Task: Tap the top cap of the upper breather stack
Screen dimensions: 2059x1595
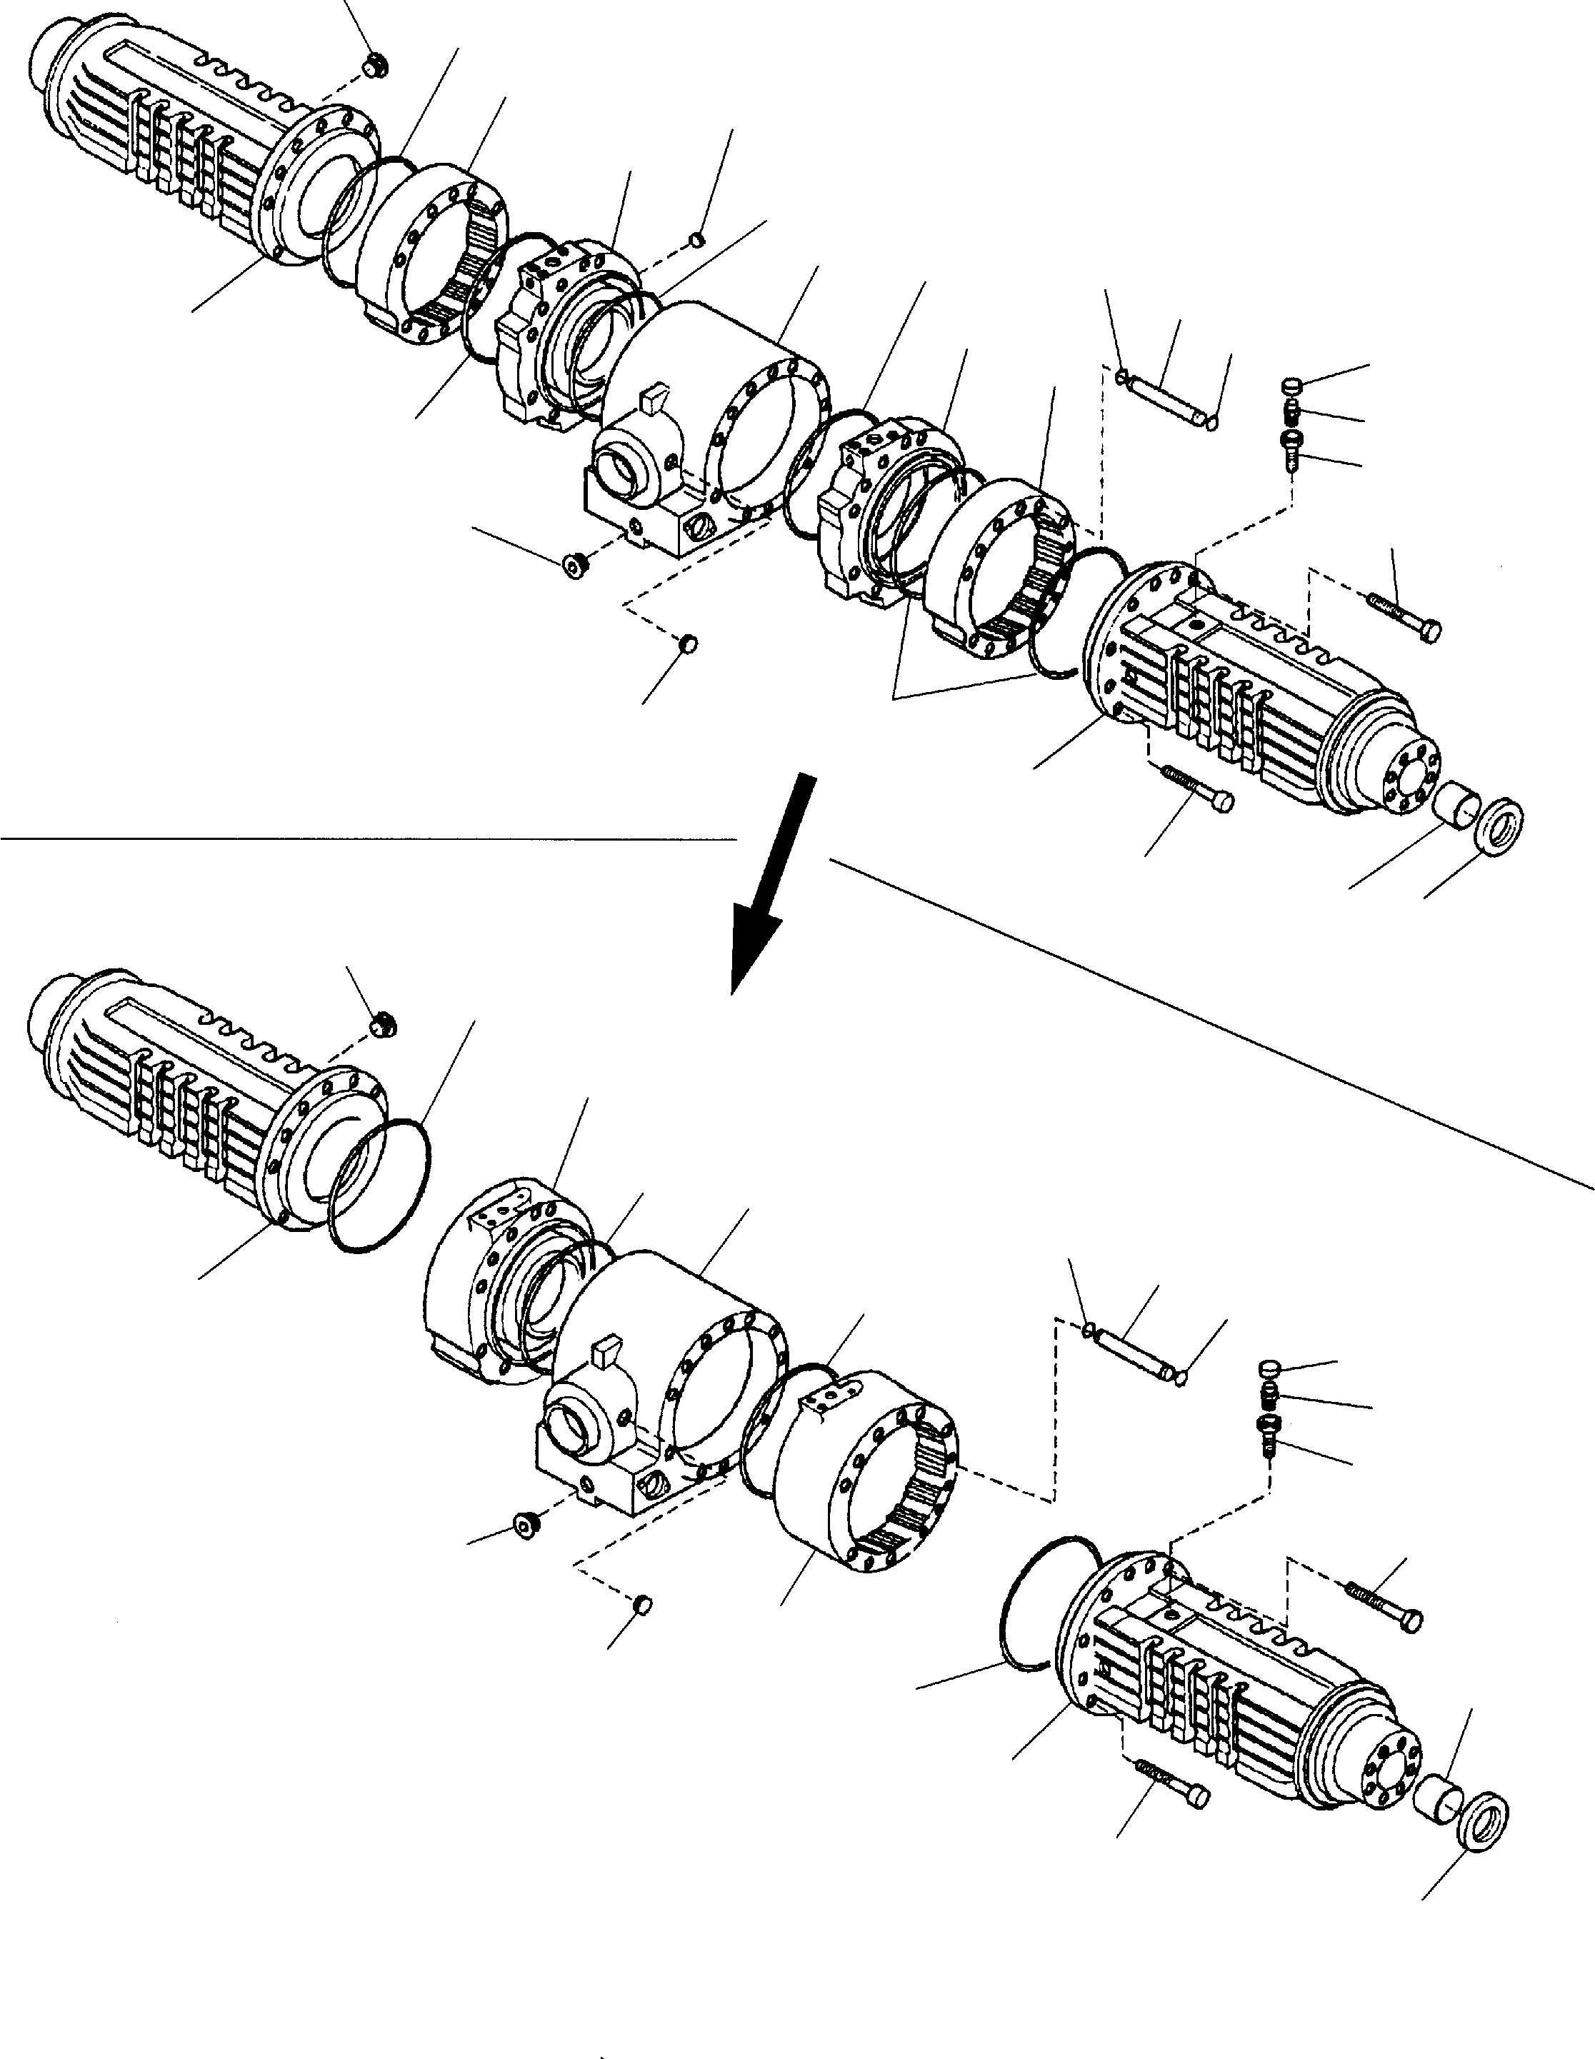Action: (1292, 386)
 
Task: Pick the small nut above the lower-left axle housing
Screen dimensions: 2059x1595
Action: (383, 1022)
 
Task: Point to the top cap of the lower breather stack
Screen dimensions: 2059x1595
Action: (1271, 1369)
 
